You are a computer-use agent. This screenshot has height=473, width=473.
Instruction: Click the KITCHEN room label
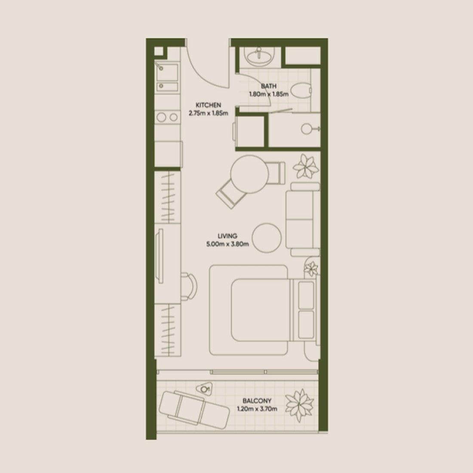(208, 105)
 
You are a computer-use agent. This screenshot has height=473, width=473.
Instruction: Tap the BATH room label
(268, 86)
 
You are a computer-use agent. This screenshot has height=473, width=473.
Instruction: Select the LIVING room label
(227, 236)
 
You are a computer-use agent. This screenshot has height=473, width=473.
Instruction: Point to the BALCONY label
(257, 401)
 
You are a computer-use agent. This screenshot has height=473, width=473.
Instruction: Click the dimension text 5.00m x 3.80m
(227, 244)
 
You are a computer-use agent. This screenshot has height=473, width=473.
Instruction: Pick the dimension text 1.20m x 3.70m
(257, 409)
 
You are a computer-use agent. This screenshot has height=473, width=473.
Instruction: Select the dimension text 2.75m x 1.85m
(208, 114)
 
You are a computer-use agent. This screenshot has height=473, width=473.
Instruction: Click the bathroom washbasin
(258, 56)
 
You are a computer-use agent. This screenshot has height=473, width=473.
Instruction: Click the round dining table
(249, 174)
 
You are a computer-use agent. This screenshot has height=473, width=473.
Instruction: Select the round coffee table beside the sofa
(267, 238)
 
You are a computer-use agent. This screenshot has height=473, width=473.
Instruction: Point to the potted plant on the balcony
(300, 405)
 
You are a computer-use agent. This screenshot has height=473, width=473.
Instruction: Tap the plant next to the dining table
(306, 166)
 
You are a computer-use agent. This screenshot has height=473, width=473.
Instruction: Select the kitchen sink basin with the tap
(166, 72)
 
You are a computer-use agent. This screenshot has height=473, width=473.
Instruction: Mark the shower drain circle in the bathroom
(307, 129)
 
